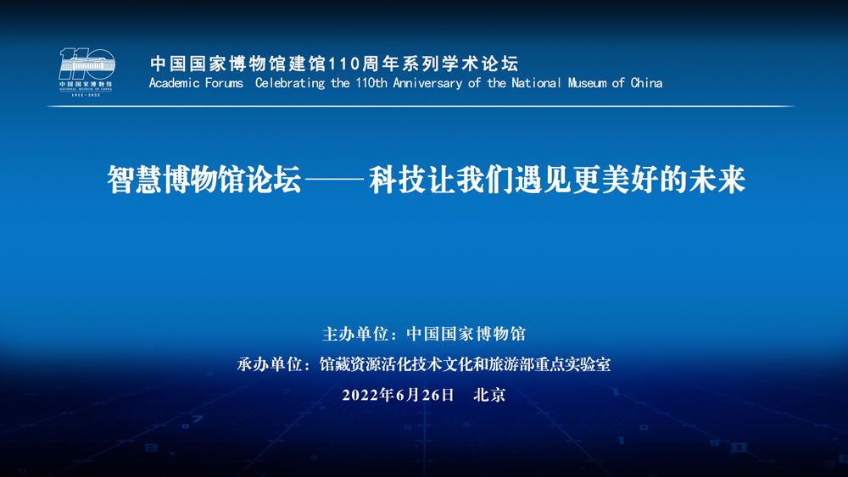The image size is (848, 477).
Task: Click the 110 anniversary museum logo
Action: [x=86, y=72]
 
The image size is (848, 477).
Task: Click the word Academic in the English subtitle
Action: [x=174, y=83]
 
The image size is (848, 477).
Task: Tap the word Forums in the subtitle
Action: [x=224, y=83]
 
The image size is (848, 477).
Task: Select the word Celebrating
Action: [x=290, y=83]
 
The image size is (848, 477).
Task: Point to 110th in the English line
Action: [x=371, y=83]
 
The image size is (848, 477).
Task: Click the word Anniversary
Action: [x=427, y=84]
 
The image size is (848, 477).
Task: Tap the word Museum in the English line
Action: [x=588, y=83]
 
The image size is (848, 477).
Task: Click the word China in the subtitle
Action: [x=646, y=83]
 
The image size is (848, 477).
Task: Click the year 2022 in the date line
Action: [x=360, y=395]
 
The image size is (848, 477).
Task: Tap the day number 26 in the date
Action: [x=431, y=395]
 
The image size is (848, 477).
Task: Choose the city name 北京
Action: [x=489, y=395]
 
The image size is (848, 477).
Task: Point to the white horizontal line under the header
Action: [x=421, y=107]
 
